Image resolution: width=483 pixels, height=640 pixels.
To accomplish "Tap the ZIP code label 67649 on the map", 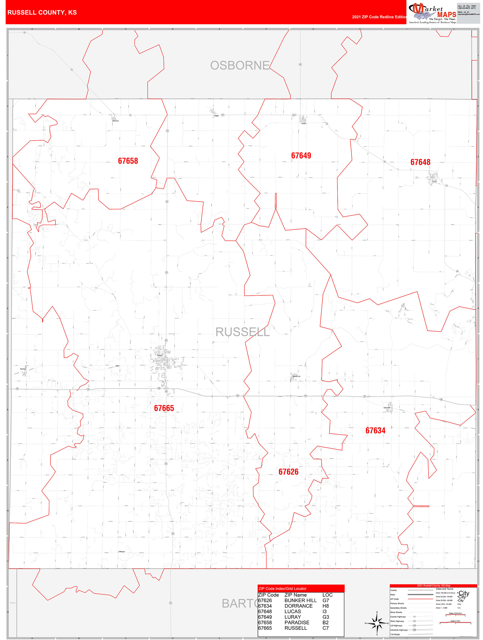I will point(301,156).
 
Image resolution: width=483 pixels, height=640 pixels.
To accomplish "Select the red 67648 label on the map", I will point(420,162).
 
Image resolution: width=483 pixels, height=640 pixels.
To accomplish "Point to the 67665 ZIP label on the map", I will point(164,408).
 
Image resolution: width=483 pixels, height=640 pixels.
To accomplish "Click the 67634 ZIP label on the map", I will point(375,431).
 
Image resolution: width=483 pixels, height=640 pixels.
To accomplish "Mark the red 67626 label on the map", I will point(288,472).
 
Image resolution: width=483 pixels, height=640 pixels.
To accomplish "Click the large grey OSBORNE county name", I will point(240,66).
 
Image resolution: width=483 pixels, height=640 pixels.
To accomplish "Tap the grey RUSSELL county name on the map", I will point(243,332).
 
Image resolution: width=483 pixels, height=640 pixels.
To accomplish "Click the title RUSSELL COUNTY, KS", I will point(42,13).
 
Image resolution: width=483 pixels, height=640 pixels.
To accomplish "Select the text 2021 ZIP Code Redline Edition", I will point(379,17).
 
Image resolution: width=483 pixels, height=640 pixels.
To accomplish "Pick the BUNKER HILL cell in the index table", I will point(300,600).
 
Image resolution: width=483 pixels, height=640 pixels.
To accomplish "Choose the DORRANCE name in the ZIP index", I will point(298,606).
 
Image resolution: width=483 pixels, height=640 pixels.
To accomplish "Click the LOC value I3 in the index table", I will point(324,611).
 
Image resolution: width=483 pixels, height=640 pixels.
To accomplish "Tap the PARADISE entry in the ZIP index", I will point(297,622).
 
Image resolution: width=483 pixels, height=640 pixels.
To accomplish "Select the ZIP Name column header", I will point(295,595).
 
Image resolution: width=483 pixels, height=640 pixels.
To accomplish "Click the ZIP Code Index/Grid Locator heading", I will point(282,589).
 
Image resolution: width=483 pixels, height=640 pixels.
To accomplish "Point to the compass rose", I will point(377,623).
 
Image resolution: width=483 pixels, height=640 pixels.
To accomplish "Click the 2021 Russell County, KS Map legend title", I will point(433,586).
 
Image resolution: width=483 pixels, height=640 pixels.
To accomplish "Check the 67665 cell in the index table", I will point(265,628).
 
